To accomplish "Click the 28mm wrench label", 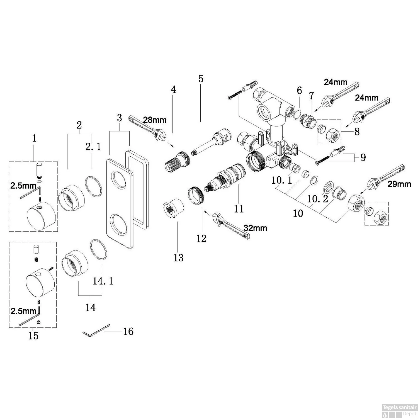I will (x=155, y=120).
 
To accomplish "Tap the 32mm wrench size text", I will (x=255, y=228).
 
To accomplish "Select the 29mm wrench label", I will (x=399, y=184).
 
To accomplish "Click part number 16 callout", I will (x=128, y=331).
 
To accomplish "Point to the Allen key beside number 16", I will (x=96, y=330).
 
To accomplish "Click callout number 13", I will (x=179, y=258).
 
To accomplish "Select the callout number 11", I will (x=239, y=208).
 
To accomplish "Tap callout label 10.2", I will (x=318, y=199).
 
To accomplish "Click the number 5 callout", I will (x=201, y=79).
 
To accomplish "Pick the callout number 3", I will (x=119, y=118).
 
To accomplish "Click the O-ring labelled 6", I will (x=298, y=114).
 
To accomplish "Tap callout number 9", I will (x=363, y=157).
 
